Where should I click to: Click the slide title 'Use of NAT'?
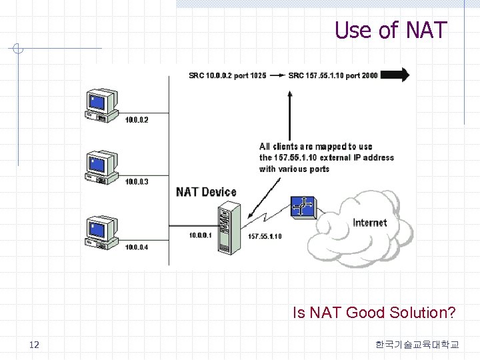click(391, 30)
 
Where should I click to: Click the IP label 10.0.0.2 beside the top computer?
click(137, 120)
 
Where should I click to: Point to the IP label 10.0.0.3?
click(137, 181)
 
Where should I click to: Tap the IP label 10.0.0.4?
click(137, 247)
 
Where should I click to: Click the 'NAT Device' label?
click(206, 192)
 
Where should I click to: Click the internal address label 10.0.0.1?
click(199, 235)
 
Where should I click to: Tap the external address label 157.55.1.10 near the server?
click(265, 236)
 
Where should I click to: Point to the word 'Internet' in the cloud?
click(369, 223)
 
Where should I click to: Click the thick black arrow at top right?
click(396, 75)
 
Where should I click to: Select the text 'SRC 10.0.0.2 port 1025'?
click(227, 75)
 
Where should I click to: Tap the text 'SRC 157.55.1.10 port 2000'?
click(333, 75)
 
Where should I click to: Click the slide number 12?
click(35, 345)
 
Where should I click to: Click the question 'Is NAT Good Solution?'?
click(374, 312)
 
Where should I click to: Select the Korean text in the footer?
click(417, 345)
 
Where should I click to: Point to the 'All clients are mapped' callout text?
click(326, 158)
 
